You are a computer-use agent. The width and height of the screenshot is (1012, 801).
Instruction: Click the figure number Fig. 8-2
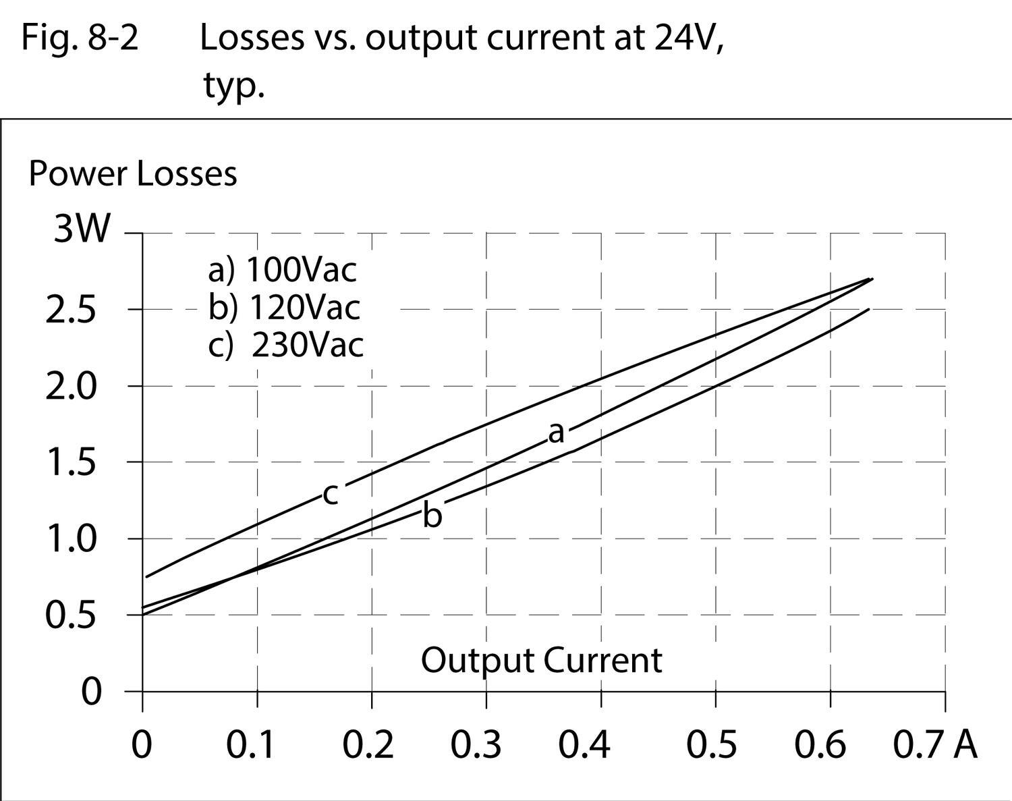(x=80, y=38)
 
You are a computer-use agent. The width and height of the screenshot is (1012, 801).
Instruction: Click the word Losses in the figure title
(x=252, y=38)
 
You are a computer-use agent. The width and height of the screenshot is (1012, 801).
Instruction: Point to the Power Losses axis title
(x=133, y=173)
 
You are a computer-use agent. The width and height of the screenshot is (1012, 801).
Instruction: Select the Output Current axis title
(x=541, y=660)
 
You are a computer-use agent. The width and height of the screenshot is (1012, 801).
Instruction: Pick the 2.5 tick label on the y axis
(x=71, y=310)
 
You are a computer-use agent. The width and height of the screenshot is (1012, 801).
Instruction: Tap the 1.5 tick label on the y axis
(x=71, y=463)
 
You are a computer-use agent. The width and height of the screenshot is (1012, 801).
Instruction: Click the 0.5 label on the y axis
(x=71, y=615)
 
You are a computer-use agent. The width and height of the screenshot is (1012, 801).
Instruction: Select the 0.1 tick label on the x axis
(x=250, y=745)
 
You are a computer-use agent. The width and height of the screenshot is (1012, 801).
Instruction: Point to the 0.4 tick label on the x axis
(x=584, y=745)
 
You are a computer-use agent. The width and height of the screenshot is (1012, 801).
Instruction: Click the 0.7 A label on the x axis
(x=935, y=745)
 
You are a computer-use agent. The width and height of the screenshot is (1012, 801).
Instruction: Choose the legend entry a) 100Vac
(x=282, y=270)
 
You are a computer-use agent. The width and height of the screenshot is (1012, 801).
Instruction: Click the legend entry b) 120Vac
(x=284, y=308)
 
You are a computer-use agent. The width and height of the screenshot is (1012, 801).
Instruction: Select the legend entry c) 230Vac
(x=285, y=346)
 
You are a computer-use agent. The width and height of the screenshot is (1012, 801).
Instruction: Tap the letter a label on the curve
(x=556, y=433)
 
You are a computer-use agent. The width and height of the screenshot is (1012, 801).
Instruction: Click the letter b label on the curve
(x=432, y=516)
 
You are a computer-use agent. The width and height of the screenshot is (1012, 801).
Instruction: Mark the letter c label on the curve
(x=330, y=494)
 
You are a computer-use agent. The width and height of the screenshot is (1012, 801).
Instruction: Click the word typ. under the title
(x=233, y=85)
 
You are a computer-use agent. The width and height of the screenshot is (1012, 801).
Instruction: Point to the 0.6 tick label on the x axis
(x=820, y=745)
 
